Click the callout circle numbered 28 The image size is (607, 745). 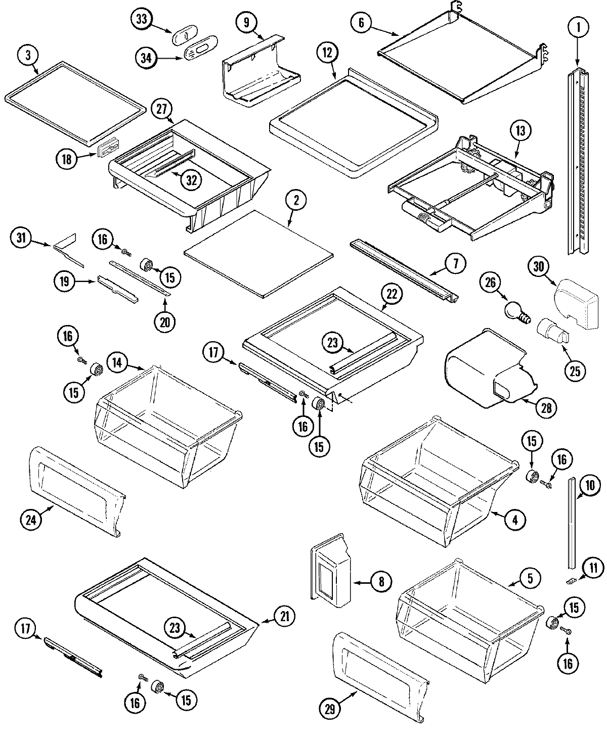click(x=545, y=407)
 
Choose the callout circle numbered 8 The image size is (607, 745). click(x=381, y=582)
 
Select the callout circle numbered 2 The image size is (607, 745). click(x=296, y=201)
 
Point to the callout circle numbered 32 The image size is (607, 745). click(x=191, y=180)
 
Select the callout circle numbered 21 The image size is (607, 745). click(x=284, y=616)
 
